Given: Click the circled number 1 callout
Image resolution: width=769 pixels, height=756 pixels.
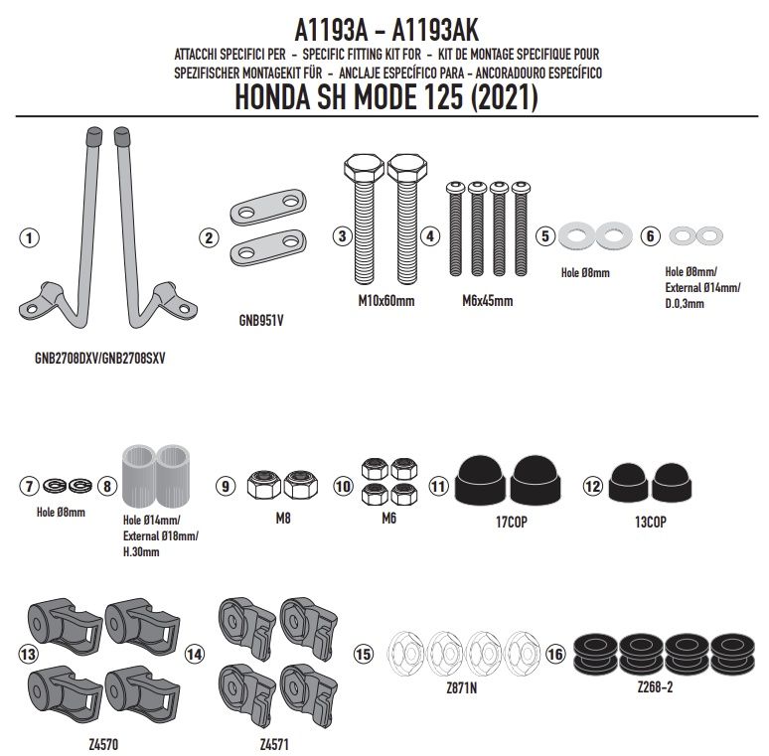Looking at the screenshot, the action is [x=29, y=238].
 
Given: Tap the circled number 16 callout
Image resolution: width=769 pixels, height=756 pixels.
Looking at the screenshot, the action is [x=555, y=654].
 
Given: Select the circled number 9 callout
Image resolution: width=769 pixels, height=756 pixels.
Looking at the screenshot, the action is [x=226, y=486].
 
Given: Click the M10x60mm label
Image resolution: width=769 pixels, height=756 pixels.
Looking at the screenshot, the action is [x=385, y=301].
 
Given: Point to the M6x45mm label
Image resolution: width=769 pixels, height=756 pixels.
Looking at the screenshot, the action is [x=488, y=301].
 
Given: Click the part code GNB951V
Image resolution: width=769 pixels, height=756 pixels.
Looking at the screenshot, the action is [x=261, y=321].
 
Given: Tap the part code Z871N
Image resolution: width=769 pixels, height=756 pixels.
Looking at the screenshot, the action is [x=461, y=687].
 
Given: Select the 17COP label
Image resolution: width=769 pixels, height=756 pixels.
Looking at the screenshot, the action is [x=511, y=523].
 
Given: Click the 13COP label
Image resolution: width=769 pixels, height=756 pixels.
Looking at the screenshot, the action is [x=651, y=523].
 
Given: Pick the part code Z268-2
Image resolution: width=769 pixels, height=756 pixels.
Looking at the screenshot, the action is [x=655, y=686].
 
